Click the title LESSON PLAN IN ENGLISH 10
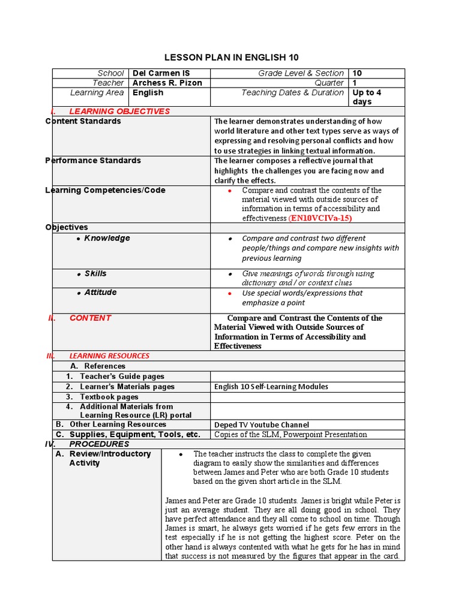point(231,58)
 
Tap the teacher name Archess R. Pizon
point(167,83)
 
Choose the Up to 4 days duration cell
point(367,97)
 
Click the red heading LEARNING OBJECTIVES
point(119,111)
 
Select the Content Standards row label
point(83,121)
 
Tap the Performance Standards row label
point(93,161)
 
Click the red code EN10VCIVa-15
point(320,218)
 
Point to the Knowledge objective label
point(107,238)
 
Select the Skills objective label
point(95,273)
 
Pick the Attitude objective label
point(100,293)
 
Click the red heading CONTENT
point(90,318)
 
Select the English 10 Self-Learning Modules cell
point(271,387)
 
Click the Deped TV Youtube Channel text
point(261,425)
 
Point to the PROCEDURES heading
point(99,444)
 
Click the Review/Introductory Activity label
point(110,459)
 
